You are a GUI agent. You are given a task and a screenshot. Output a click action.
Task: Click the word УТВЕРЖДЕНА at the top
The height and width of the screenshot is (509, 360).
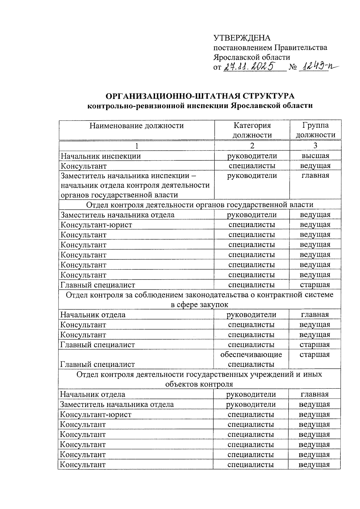(242, 38)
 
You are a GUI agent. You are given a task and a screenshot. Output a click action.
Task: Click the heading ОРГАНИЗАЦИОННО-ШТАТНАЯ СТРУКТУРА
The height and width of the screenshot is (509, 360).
(200, 96)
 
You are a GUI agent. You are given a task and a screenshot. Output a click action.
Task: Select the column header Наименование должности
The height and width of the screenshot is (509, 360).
(136, 126)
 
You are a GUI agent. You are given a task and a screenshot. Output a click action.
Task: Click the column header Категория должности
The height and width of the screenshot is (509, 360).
(252, 130)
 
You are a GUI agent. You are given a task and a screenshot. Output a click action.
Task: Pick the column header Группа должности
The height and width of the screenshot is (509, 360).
(315, 130)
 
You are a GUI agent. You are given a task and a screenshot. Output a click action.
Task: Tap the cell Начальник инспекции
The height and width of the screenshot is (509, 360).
(101, 156)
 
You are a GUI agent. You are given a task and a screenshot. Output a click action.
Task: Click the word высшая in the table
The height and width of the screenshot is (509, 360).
(315, 156)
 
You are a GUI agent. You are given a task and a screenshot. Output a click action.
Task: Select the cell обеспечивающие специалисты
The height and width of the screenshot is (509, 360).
(251, 359)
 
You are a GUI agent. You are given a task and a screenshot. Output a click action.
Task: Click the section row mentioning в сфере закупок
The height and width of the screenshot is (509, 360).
(199, 305)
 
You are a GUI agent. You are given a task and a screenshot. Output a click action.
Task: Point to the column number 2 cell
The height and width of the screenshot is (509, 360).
(252, 146)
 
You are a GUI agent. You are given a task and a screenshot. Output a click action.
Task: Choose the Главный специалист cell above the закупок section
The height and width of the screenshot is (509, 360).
(98, 285)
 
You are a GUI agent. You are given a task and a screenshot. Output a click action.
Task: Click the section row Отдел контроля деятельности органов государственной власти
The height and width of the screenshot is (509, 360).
(199, 205)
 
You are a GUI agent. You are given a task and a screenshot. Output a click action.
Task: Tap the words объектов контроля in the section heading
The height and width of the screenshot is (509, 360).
(199, 384)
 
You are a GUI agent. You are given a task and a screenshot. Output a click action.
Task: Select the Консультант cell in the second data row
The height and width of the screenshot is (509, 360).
(84, 166)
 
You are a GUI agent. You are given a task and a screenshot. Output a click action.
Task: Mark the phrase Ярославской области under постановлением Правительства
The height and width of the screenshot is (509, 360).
(252, 57)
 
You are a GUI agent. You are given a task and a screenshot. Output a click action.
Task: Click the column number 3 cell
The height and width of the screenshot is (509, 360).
(315, 146)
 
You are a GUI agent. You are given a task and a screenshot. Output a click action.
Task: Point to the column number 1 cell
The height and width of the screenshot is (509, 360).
(137, 146)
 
